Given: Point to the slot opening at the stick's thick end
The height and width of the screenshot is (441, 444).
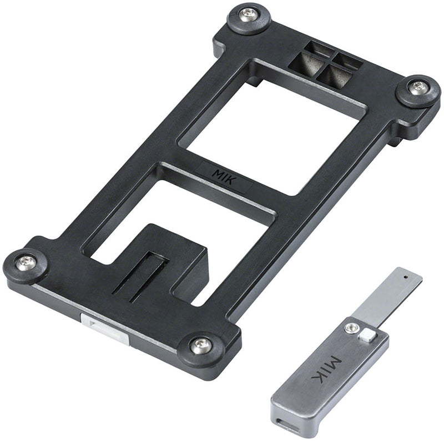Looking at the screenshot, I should pos(288,425).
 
